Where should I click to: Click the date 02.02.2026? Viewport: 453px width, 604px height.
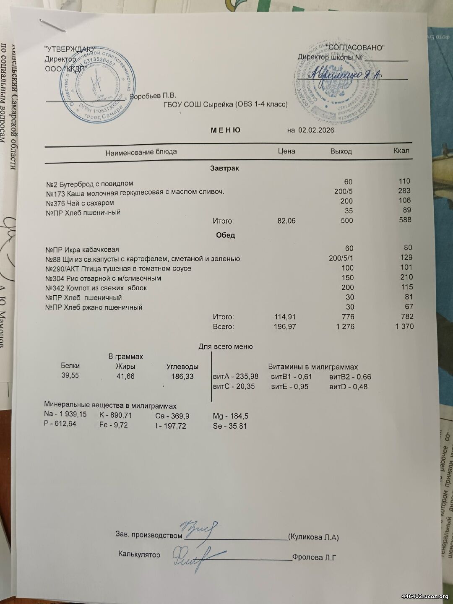(316, 130)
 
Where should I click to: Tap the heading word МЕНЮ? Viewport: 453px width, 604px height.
(225, 130)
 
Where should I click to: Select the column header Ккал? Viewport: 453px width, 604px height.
(401, 150)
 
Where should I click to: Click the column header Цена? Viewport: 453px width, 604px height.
(286, 151)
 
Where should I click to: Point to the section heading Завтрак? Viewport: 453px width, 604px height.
(224, 168)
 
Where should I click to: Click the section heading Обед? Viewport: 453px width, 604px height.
(225, 235)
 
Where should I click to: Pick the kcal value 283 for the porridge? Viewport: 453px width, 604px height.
(405, 191)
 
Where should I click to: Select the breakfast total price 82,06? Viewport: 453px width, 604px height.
(286, 221)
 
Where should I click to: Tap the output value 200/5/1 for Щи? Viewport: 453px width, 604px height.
(341, 258)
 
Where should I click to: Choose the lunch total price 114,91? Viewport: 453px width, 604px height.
(285, 317)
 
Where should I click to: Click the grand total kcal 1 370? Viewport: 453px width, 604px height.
(404, 326)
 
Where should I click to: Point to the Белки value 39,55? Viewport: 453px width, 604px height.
(70, 375)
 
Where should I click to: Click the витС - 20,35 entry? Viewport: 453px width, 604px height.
(234, 386)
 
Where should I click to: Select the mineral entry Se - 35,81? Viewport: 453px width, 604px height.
(230, 426)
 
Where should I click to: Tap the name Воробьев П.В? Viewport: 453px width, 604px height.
(153, 96)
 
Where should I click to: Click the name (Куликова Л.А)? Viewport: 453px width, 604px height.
(313, 537)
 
